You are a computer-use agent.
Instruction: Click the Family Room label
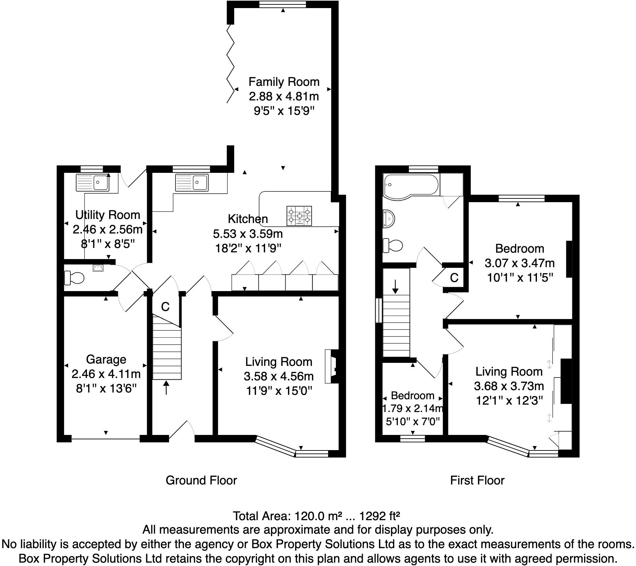284,82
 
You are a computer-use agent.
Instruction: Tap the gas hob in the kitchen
299,216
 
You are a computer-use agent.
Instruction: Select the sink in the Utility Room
93,183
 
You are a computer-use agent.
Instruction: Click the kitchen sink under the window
191,183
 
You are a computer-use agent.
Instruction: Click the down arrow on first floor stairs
395,286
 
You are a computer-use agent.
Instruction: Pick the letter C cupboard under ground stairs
165,307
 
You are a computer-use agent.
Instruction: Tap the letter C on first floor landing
454,278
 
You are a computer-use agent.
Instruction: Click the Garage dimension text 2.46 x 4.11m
106,374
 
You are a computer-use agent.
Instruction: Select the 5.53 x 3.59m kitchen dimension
248,233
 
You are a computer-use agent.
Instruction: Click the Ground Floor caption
201,480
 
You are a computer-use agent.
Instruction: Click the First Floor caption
477,480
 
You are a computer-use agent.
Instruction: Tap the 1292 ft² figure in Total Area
380,516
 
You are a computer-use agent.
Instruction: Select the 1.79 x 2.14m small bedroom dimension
412,409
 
